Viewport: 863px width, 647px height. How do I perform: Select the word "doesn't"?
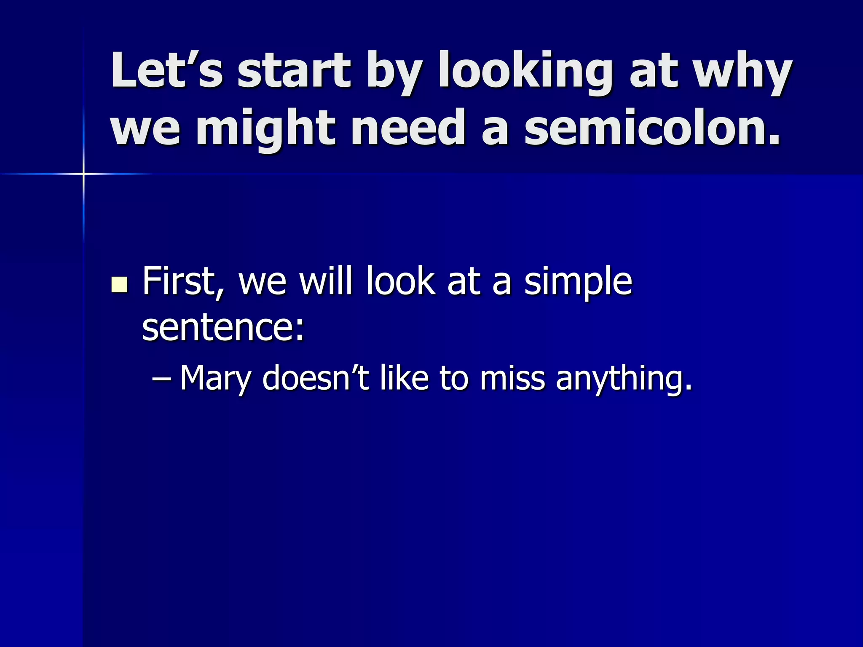(x=316, y=377)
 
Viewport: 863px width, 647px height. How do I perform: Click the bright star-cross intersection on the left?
(x=83, y=174)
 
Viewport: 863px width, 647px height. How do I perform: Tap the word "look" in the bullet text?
(x=400, y=281)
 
